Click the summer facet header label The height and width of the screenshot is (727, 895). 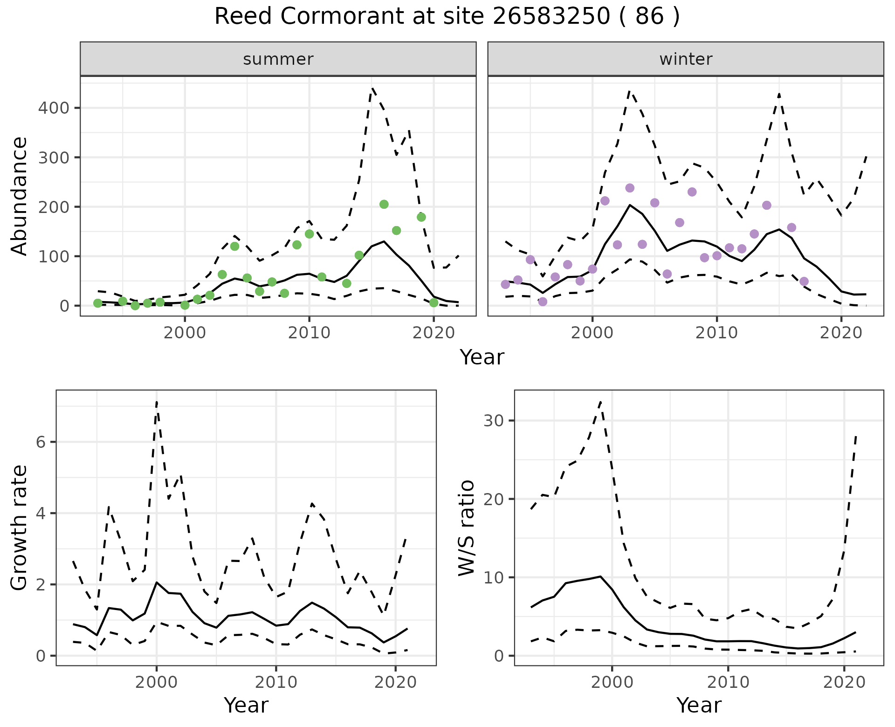click(278, 59)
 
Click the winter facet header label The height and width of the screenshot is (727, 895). click(686, 59)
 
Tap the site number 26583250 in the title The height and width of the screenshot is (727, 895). click(551, 17)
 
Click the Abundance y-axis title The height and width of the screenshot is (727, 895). click(20, 196)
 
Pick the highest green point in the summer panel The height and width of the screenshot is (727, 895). click(384, 204)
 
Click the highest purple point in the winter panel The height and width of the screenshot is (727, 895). click(630, 188)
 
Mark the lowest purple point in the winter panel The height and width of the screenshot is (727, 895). click(543, 302)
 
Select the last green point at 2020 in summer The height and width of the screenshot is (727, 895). click(434, 302)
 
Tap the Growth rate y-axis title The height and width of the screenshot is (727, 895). click(20, 528)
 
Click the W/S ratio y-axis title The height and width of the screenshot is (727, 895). click(467, 528)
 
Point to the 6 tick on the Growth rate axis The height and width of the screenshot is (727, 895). click(41, 442)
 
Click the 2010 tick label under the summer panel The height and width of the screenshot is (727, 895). click(309, 333)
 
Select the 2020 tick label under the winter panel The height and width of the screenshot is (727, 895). click(841, 333)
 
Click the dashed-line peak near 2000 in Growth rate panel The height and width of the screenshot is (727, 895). click(157, 401)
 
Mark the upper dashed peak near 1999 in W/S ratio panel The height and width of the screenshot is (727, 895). click(601, 401)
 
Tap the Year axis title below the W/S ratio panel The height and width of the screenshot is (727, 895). click(699, 705)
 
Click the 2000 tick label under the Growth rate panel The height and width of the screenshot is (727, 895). click(157, 683)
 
